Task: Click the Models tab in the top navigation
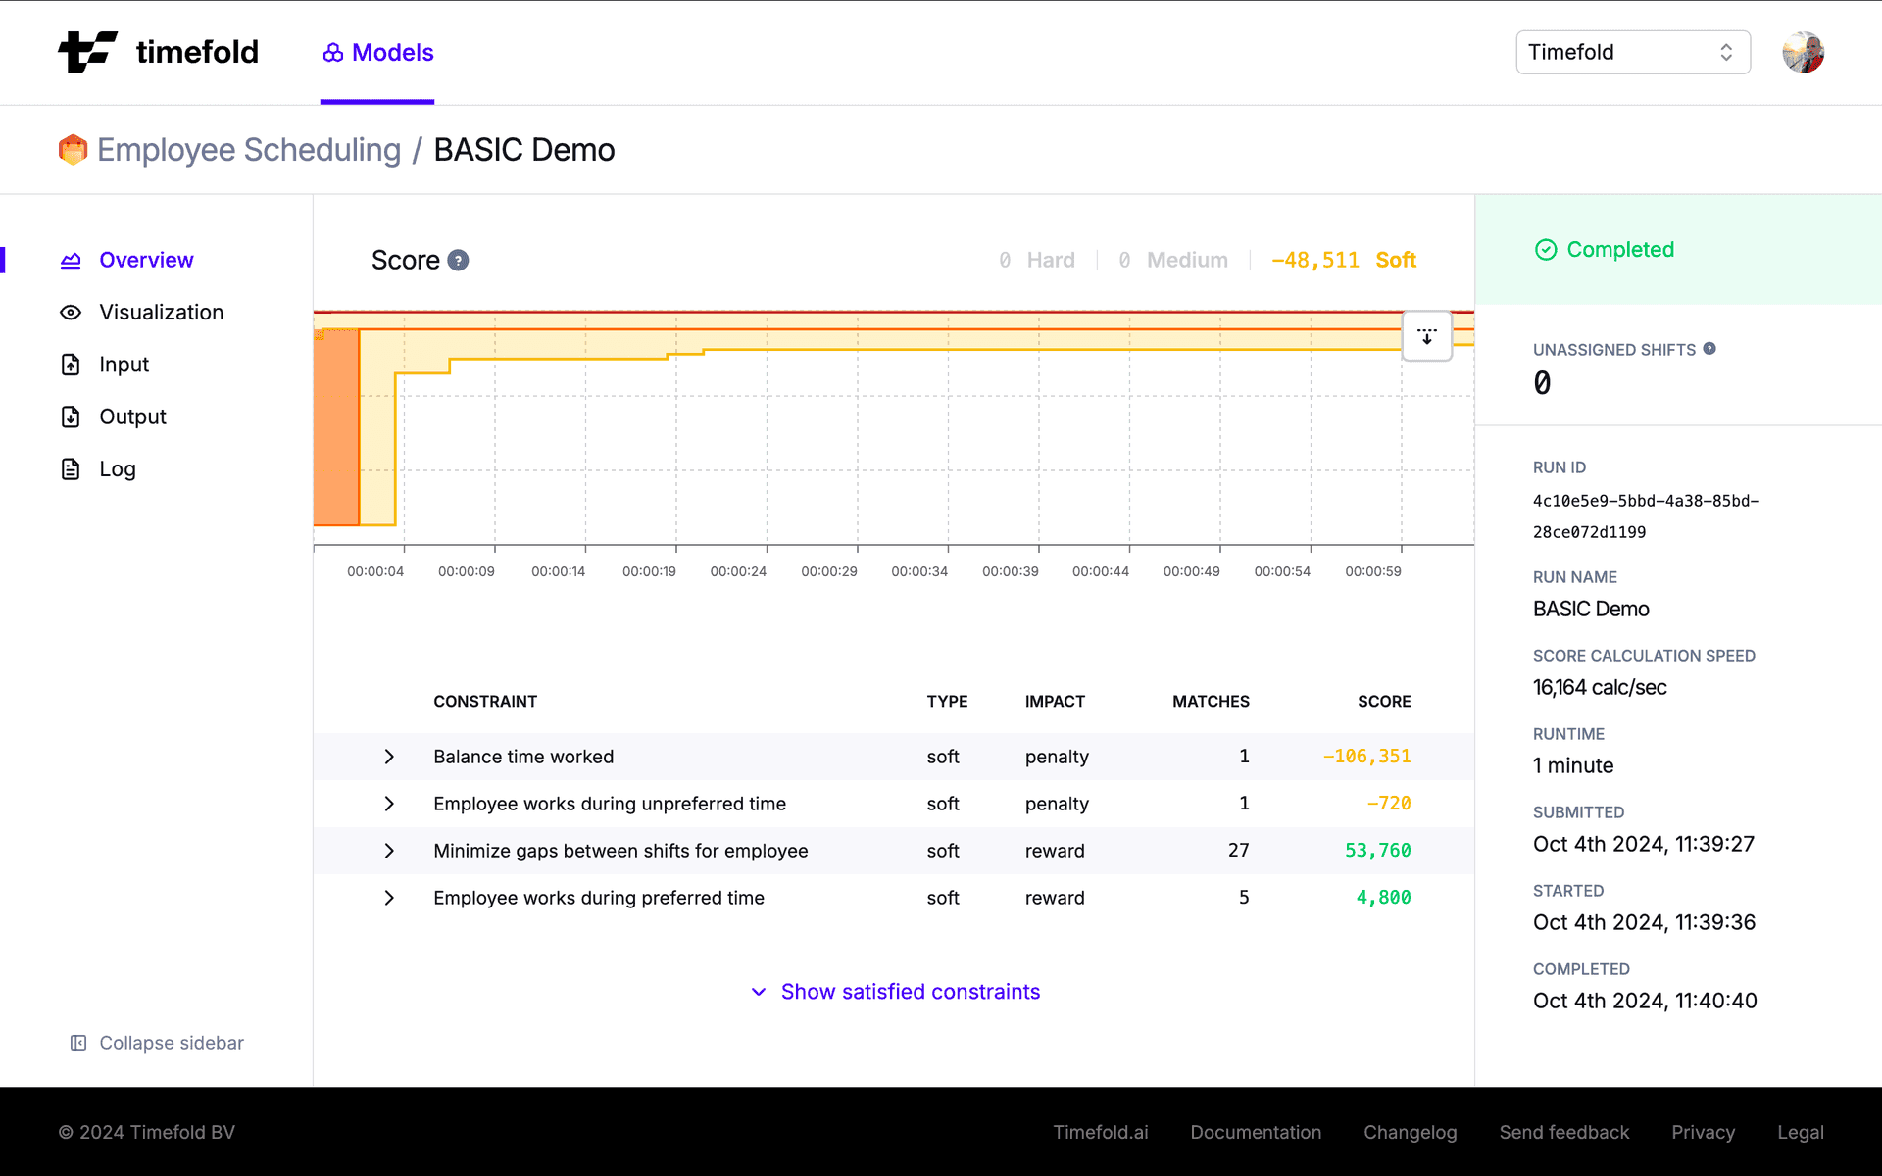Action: [x=378, y=53]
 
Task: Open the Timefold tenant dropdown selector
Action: [x=1632, y=53]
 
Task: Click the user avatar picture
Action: [x=1803, y=53]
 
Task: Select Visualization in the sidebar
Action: [x=161, y=313]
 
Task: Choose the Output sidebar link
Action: [x=132, y=416]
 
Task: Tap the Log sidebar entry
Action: [x=117, y=469]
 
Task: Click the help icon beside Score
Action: [x=458, y=261]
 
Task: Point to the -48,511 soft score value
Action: [x=1314, y=261]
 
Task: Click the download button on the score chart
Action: [x=1426, y=337]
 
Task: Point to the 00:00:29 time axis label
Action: [x=828, y=571]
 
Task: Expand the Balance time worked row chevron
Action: [x=389, y=757]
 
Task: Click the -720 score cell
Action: [x=1388, y=804]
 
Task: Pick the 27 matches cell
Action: [x=1238, y=851]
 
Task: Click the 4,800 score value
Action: [x=1382, y=898]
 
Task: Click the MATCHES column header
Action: [x=1210, y=702]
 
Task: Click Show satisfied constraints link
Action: [x=909, y=992]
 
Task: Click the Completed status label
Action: [x=1619, y=250]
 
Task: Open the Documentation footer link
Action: [x=1255, y=1133]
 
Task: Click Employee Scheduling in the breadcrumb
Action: [x=249, y=150]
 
